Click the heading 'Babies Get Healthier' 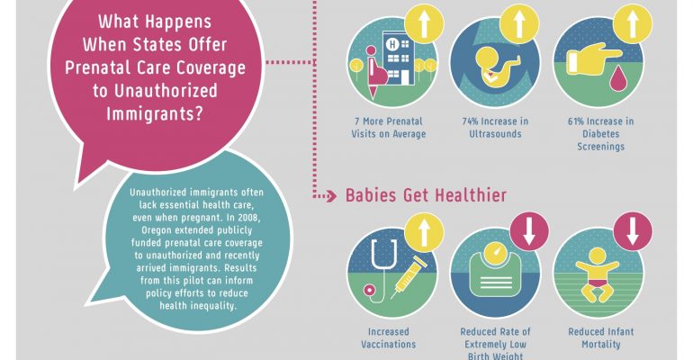[426, 195]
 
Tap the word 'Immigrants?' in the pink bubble [155, 113]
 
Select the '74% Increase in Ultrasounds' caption [495, 127]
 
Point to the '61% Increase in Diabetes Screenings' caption [600, 133]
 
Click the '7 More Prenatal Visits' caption [389, 127]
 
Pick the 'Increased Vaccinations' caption [389, 337]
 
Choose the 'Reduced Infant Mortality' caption [600, 337]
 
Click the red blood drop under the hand [616, 79]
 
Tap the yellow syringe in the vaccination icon [409, 277]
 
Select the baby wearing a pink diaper [597, 274]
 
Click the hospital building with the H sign [399, 58]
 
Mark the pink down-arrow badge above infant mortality [633, 231]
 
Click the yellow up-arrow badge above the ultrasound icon [519, 24]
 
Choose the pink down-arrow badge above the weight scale [529, 231]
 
